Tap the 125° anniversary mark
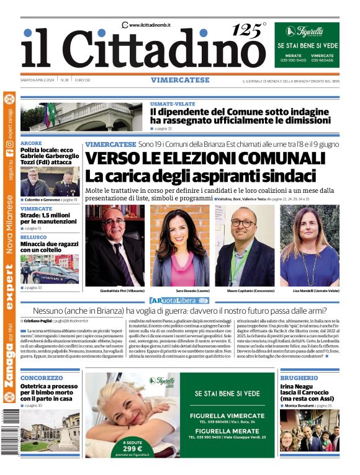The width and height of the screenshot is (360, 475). point(248,29)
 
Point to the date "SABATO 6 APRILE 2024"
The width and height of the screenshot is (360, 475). point(38,80)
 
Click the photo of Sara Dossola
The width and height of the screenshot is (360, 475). point(180,245)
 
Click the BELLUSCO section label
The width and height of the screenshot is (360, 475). point(34,238)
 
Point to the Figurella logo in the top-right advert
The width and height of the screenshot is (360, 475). point(307,32)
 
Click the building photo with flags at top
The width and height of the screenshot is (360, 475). point(81,117)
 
